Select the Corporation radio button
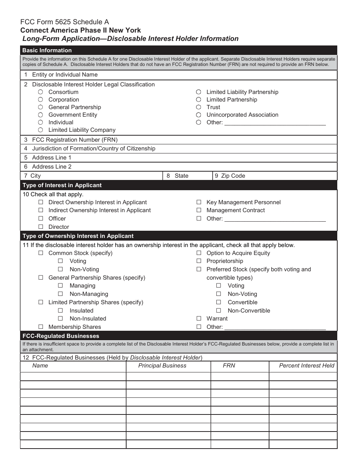41,100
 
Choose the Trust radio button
199,107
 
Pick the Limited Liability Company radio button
41,130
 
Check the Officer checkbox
41,219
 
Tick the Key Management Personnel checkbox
199,202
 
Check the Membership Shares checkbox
41,327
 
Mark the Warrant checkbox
199,319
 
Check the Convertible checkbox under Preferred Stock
219,302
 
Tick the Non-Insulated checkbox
60,319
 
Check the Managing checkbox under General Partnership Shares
60,286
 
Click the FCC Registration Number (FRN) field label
75,139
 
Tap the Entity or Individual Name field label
65,75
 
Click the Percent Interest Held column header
307,366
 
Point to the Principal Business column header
162,366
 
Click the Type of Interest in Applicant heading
62,185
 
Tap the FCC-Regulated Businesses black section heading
61,336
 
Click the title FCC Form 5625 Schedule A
65,22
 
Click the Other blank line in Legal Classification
275,122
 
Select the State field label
181,176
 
